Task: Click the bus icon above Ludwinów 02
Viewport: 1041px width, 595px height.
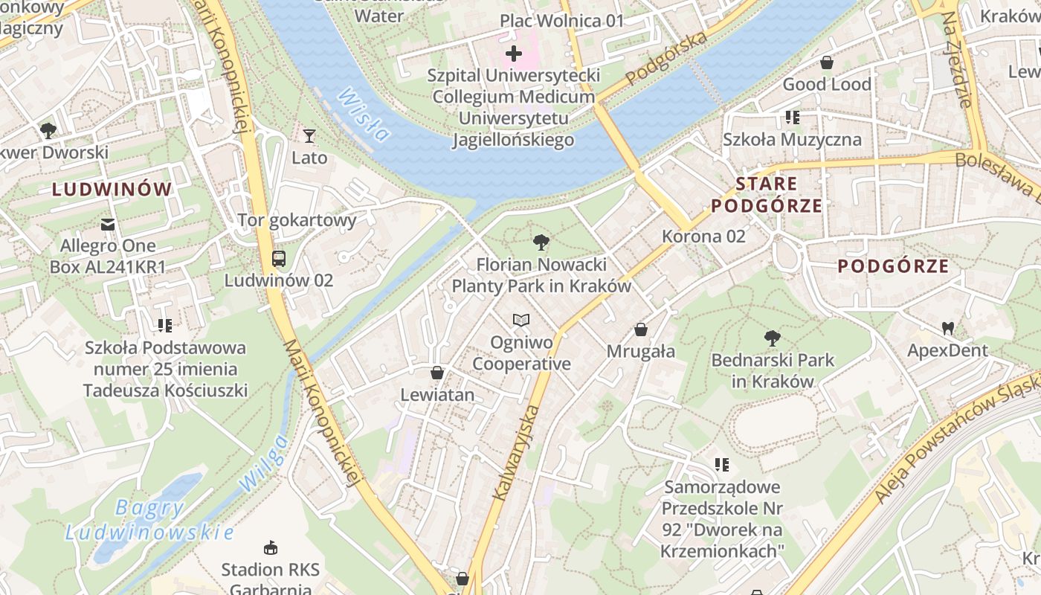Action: click(x=279, y=259)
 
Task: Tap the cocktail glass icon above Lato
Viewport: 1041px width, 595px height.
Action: click(x=309, y=136)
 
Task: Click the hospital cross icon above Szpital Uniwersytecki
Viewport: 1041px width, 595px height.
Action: click(x=513, y=54)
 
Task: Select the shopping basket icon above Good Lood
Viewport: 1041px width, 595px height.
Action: click(x=826, y=62)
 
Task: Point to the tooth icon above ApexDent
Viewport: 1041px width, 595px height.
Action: click(x=947, y=328)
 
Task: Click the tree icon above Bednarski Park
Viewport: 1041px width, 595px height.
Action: click(x=773, y=338)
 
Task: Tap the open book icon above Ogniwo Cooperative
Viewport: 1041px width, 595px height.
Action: click(x=521, y=321)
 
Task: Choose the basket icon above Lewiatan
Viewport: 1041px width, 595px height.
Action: click(x=437, y=373)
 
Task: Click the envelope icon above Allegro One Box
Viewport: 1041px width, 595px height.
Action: click(x=108, y=224)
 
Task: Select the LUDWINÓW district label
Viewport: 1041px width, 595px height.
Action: click(x=112, y=189)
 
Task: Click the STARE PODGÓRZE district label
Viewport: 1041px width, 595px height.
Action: click(x=767, y=195)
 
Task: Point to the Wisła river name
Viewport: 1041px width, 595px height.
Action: click(x=363, y=115)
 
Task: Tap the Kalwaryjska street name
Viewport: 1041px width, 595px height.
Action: click(x=515, y=452)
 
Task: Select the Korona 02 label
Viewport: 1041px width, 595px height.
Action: click(x=703, y=237)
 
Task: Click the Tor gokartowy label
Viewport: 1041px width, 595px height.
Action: click(x=297, y=220)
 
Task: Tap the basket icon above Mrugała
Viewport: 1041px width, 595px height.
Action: click(x=640, y=329)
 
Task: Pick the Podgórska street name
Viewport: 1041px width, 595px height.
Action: click(x=666, y=59)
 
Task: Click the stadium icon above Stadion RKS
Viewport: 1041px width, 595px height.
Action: click(x=270, y=548)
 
